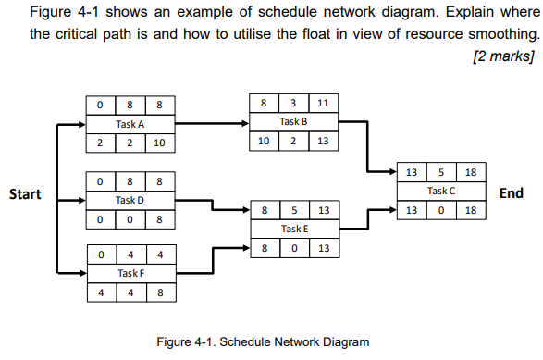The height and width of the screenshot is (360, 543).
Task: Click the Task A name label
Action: (130, 124)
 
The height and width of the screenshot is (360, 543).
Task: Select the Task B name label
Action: (294, 120)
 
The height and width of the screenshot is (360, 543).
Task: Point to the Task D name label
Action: (130, 200)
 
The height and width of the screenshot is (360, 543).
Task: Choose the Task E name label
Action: (294, 229)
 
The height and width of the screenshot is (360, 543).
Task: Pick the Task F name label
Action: (130, 273)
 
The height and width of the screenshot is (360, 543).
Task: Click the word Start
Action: (25, 194)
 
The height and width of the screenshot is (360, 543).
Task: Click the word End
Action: (511, 193)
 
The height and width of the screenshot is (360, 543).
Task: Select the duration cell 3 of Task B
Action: (293, 102)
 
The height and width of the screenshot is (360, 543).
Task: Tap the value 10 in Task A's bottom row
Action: (159, 143)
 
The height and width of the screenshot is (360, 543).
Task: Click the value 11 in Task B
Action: (323, 102)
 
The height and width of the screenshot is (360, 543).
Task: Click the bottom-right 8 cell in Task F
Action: (159, 293)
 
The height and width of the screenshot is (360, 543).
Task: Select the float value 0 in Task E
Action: (293, 248)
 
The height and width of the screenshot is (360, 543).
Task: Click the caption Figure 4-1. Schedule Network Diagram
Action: (263, 341)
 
